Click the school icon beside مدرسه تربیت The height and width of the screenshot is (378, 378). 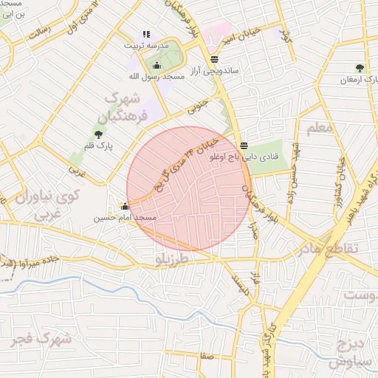point(145,34)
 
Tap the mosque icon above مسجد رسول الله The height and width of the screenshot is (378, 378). point(156,66)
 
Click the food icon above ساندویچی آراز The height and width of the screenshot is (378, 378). point(214,60)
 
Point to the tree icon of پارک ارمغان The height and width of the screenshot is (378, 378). point(360,68)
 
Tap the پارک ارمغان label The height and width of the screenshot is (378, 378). point(360,79)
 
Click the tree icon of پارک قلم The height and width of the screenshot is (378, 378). point(98,134)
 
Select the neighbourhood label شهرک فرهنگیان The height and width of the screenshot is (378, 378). point(126,106)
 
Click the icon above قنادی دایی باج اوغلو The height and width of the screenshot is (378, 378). point(244,145)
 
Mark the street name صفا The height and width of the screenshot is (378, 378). point(207,356)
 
